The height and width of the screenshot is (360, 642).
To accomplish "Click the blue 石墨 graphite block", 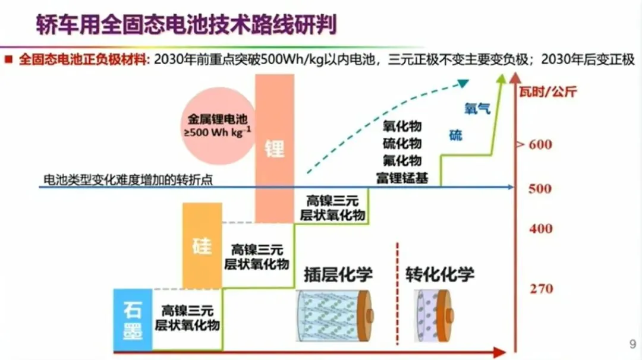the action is click(x=133, y=319).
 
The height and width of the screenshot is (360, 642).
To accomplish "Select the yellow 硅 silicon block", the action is click(x=202, y=245).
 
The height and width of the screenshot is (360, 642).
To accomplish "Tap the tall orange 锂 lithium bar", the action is click(x=275, y=148).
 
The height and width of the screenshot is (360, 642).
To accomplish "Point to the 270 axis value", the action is click(x=541, y=289).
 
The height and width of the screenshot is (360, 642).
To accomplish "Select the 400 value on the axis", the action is click(x=540, y=229).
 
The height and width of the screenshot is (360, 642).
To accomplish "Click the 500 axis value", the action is click(x=540, y=189).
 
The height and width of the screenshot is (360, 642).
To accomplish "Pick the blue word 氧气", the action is click(x=477, y=109).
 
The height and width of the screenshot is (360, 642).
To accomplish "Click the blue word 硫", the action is click(x=455, y=135).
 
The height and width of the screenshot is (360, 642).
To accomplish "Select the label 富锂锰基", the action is click(x=402, y=177).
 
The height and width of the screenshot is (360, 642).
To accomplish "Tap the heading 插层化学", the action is click(x=338, y=274).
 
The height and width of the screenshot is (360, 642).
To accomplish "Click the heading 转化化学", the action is click(x=440, y=274).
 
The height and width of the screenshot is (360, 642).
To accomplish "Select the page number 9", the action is click(x=632, y=343).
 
